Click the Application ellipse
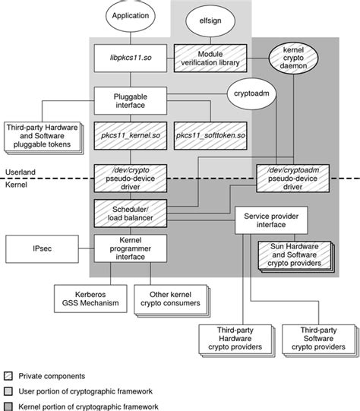coord(130,16)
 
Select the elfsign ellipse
coord(210,21)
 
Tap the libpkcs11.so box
coord(131,58)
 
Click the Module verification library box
coord(210,58)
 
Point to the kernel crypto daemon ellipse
coord(293,58)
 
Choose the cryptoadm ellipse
coord(251,93)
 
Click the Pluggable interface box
coord(131,101)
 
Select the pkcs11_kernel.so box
coord(131,136)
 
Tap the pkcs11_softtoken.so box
coord(210,136)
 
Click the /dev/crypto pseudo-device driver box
coord(131,179)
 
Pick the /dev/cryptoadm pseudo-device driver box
coord(292,179)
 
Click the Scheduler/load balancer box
coord(131,213)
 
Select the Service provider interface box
coord(271,220)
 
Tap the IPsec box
coord(43,249)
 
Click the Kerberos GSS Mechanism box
coord(90,299)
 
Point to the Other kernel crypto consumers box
coord(172,301)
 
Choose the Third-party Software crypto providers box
coord(321,341)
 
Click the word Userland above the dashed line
coord(21,172)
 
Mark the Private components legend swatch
coord(8,376)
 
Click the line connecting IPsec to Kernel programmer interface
coord(87,248)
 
